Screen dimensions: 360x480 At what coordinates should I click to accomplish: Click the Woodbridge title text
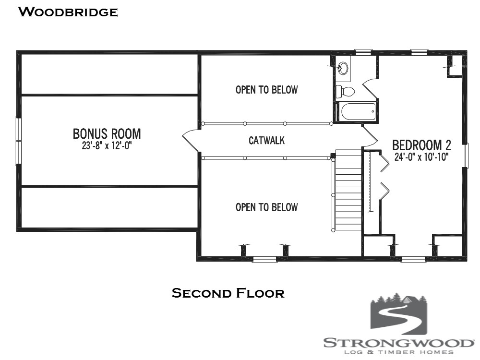(x=68, y=12)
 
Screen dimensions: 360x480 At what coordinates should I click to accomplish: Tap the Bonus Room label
(x=107, y=133)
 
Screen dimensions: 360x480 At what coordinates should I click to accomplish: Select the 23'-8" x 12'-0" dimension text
(x=107, y=145)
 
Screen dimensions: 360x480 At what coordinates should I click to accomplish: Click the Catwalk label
(x=267, y=141)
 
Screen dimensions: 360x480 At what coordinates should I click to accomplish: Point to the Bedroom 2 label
(x=422, y=145)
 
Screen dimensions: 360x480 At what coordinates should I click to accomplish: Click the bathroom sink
(x=343, y=68)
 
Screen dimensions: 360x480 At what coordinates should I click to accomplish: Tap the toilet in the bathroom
(x=345, y=91)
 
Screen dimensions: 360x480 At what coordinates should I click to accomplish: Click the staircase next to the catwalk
(x=348, y=190)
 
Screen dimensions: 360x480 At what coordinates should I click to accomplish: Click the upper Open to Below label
(x=266, y=90)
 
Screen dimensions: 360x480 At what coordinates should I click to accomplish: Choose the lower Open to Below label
(x=266, y=207)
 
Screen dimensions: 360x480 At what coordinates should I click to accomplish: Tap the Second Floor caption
(x=228, y=293)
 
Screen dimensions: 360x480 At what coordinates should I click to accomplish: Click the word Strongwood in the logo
(x=398, y=343)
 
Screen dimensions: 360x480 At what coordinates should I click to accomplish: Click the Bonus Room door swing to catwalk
(x=191, y=140)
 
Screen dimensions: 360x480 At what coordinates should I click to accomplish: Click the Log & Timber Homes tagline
(x=398, y=352)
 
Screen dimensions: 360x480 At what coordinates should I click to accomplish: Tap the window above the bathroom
(x=363, y=51)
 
